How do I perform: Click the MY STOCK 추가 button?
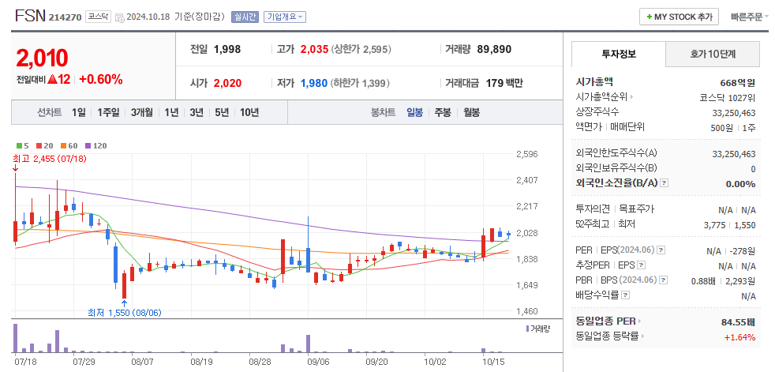click(679, 17)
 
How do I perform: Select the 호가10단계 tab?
click(713, 54)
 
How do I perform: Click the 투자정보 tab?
click(618, 54)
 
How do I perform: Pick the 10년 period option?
click(249, 112)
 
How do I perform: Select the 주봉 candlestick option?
click(442, 112)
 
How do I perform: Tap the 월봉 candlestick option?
click(471, 112)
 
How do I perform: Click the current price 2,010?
click(42, 58)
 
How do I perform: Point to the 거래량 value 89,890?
click(494, 49)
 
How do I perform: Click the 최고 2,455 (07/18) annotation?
click(48, 158)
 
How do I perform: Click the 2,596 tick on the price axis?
click(526, 155)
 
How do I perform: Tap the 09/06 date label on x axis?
click(318, 361)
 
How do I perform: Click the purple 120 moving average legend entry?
click(95, 145)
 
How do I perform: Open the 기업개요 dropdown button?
click(285, 17)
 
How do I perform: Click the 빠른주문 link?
click(746, 17)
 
